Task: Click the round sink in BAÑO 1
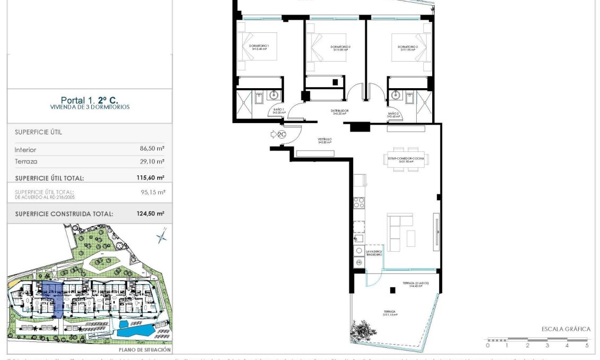(x=274, y=96)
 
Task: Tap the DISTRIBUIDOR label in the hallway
(x=340, y=112)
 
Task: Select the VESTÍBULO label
(x=324, y=140)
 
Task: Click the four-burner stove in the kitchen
(x=359, y=202)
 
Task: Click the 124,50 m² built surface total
(x=150, y=213)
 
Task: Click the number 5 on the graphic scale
(x=587, y=346)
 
